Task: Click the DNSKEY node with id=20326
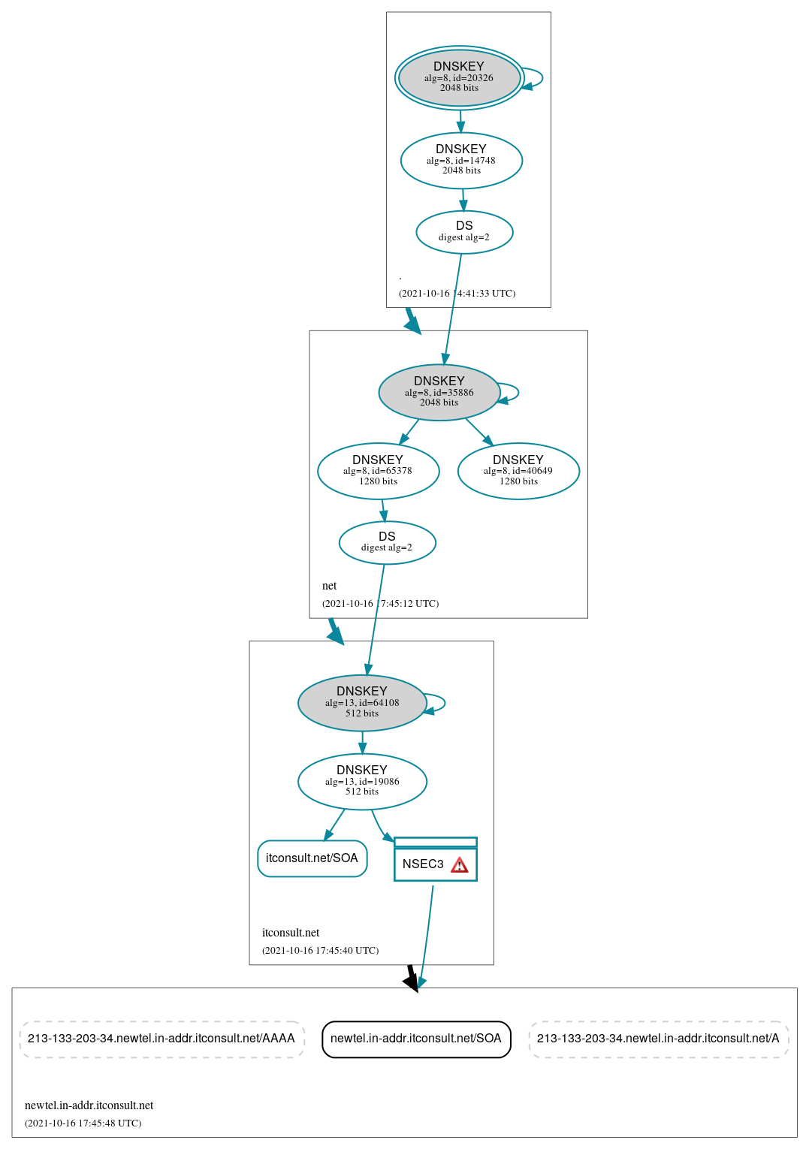coord(459,77)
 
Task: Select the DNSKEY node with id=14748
coord(461,160)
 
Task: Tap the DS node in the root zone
coord(464,231)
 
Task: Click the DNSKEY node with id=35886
coord(439,392)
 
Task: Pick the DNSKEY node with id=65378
coord(378,471)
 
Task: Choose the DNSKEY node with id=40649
coord(518,471)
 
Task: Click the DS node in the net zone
coord(387,542)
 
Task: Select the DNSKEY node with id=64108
coord(362,703)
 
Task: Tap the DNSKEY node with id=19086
coord(362,781)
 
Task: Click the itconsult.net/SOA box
coord(312,858)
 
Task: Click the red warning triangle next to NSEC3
coord(460,865)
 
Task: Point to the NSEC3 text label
coord(423,864)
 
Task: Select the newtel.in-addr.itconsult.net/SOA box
coord(416,1039)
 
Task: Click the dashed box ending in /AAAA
coord(161,1039)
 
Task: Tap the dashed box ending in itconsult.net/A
coord(658,1039)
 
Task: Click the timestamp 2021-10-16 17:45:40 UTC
coord(320,951)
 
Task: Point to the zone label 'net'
coord(329,586)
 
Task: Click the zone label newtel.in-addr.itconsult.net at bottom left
coord(89,1105)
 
